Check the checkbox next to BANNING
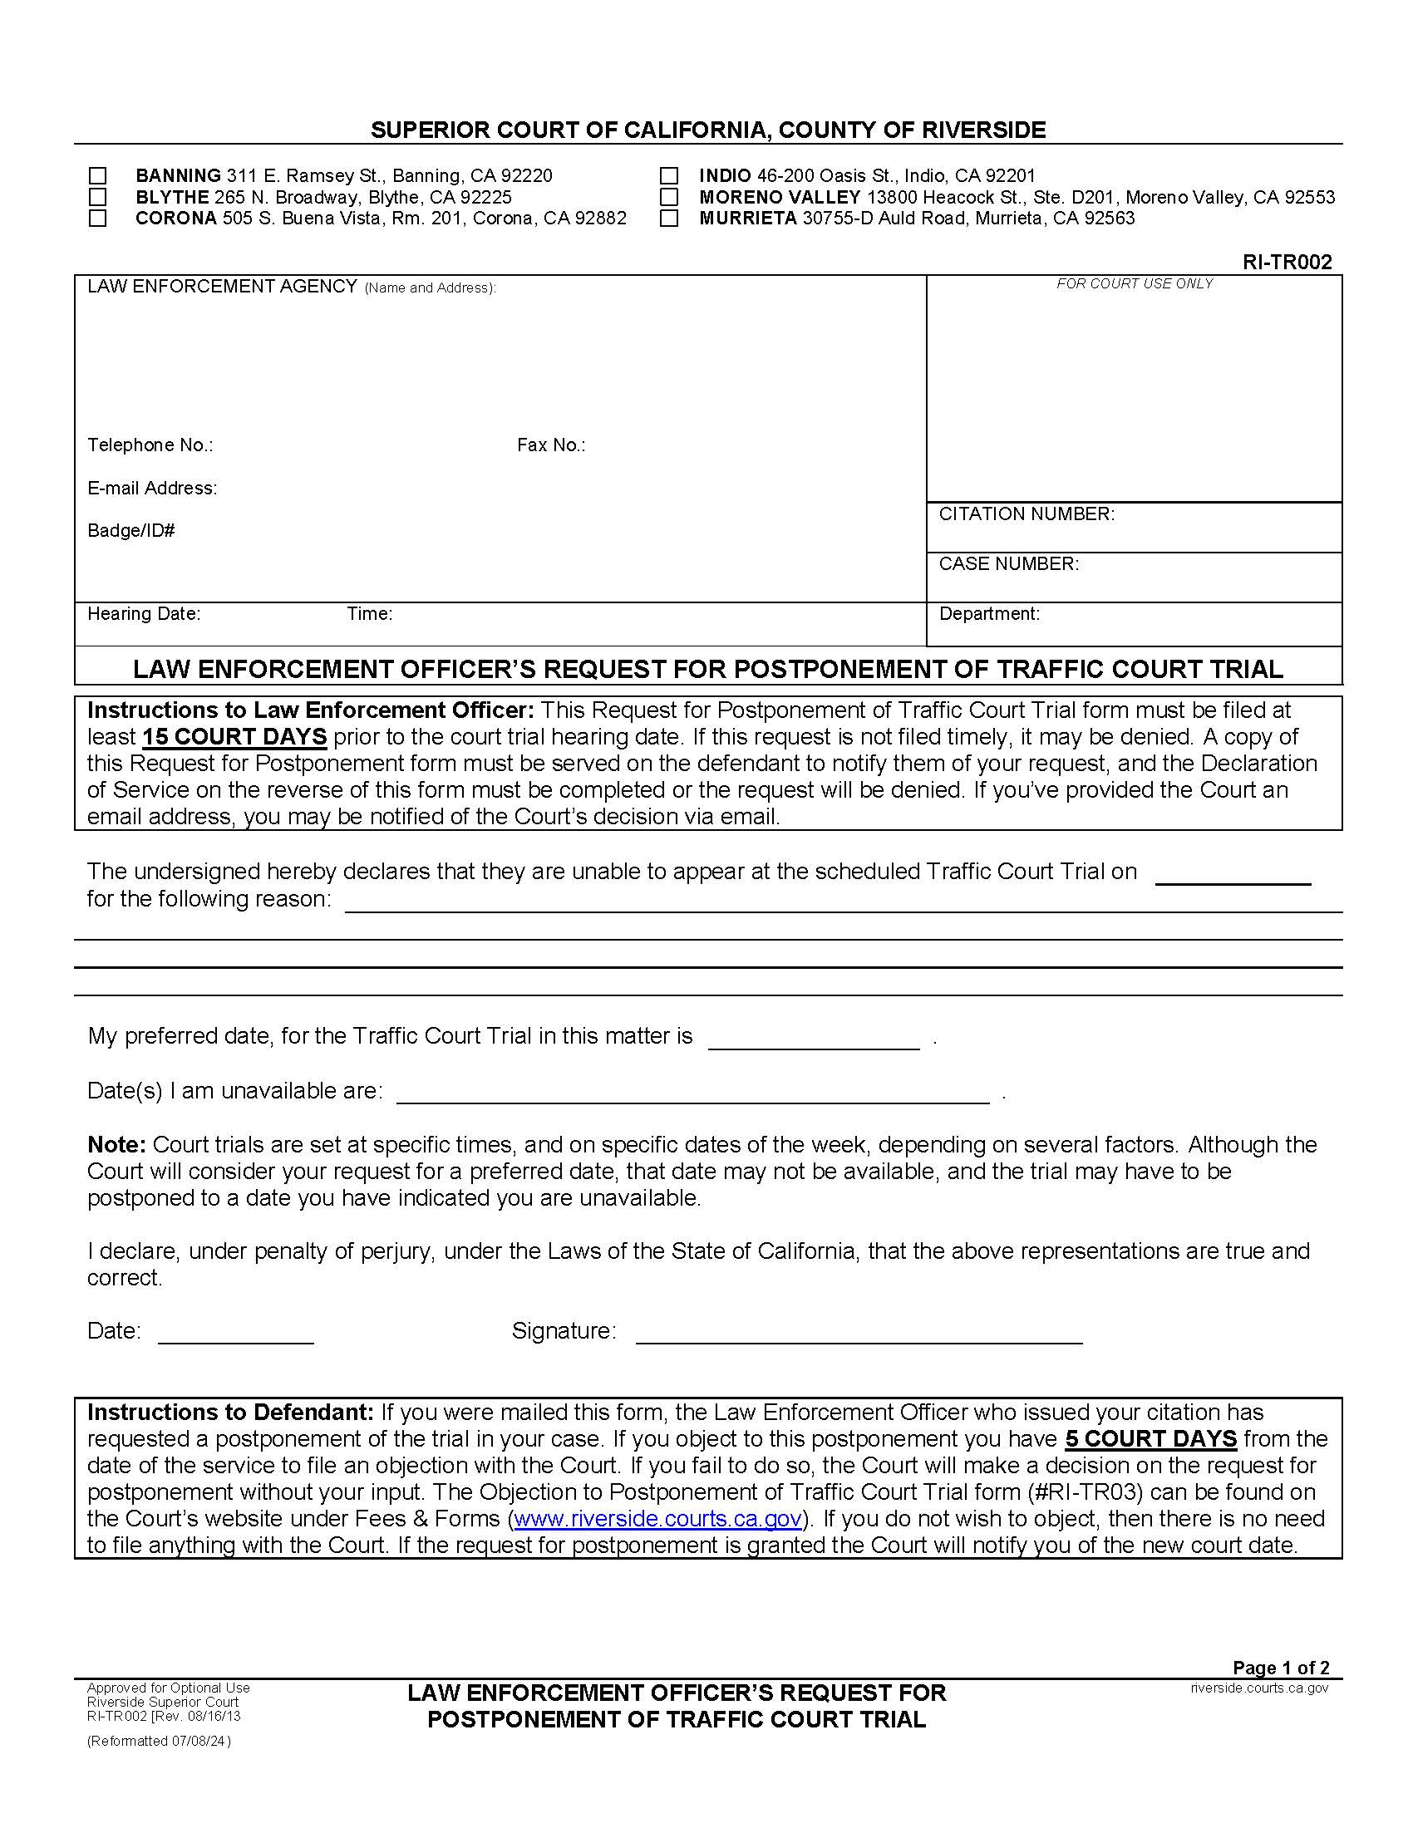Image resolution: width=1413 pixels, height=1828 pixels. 98,176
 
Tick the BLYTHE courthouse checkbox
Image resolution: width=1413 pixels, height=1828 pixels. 98,198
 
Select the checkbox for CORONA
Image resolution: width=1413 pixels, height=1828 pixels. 98,219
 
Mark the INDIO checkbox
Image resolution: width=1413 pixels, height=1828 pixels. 669,176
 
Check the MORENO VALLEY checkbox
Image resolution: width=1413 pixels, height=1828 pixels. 669,198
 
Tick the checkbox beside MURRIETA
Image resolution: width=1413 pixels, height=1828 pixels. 669,219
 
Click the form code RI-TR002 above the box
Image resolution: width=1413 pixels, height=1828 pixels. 1287,262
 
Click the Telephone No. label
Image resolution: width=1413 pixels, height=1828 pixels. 150,445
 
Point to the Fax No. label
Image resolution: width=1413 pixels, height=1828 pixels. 551,445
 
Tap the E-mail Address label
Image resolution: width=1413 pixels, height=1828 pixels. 152,488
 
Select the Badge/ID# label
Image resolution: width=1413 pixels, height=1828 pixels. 130,531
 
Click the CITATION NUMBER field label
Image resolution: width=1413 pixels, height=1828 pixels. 1027,514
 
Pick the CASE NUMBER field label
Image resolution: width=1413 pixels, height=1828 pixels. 1009,564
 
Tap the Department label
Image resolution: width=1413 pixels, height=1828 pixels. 989,614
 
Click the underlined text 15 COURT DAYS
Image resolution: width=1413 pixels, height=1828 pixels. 234,737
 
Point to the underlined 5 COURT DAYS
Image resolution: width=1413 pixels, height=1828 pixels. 1151,1439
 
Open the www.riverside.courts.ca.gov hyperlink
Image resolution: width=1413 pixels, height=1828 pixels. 658,1519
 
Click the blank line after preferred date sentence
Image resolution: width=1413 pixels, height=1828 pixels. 814,1039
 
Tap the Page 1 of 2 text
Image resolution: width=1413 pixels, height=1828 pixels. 1281,1668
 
